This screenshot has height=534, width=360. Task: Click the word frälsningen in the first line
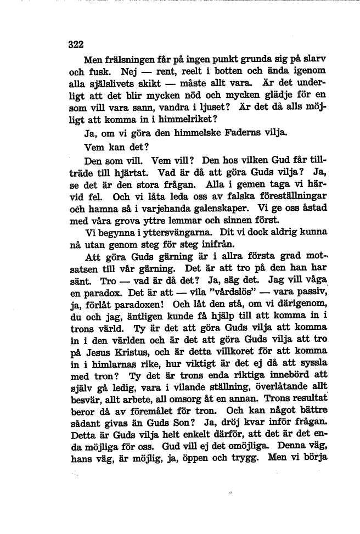[129, 59]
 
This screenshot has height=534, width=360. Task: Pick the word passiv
[312, 300]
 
